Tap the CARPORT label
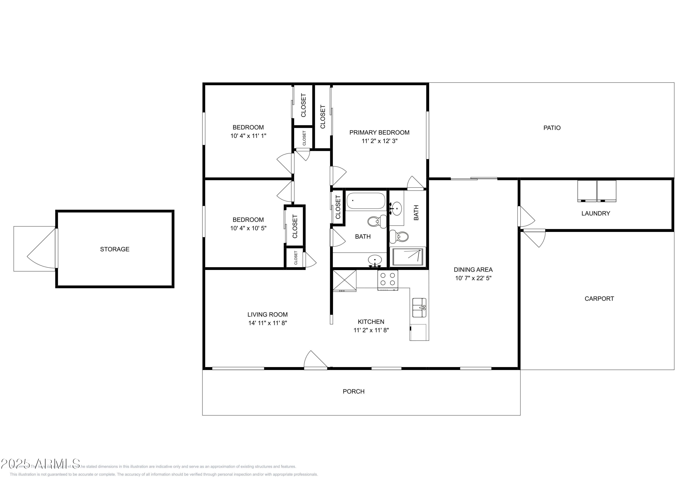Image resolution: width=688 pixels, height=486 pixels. click(599, 299)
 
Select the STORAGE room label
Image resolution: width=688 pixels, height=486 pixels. click(114, 249)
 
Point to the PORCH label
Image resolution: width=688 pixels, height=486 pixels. click(353, 391)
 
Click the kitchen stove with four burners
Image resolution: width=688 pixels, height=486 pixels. click(387, 280)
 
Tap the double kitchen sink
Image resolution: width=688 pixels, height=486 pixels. click(419, 308)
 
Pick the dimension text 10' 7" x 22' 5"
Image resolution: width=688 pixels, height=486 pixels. click(473, 278)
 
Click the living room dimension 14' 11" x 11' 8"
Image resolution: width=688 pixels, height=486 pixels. click(268, 323)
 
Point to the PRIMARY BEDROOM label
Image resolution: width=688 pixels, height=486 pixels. click(379, 132)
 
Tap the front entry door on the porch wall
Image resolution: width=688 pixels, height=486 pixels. click(315, 361)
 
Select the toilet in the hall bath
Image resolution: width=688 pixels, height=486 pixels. click(376, 222)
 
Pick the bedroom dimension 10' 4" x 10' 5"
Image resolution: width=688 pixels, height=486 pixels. click(248, 228)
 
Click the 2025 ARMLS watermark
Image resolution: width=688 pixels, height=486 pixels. click(40, 464)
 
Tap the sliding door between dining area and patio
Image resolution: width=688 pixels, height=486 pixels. click(473, 179)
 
